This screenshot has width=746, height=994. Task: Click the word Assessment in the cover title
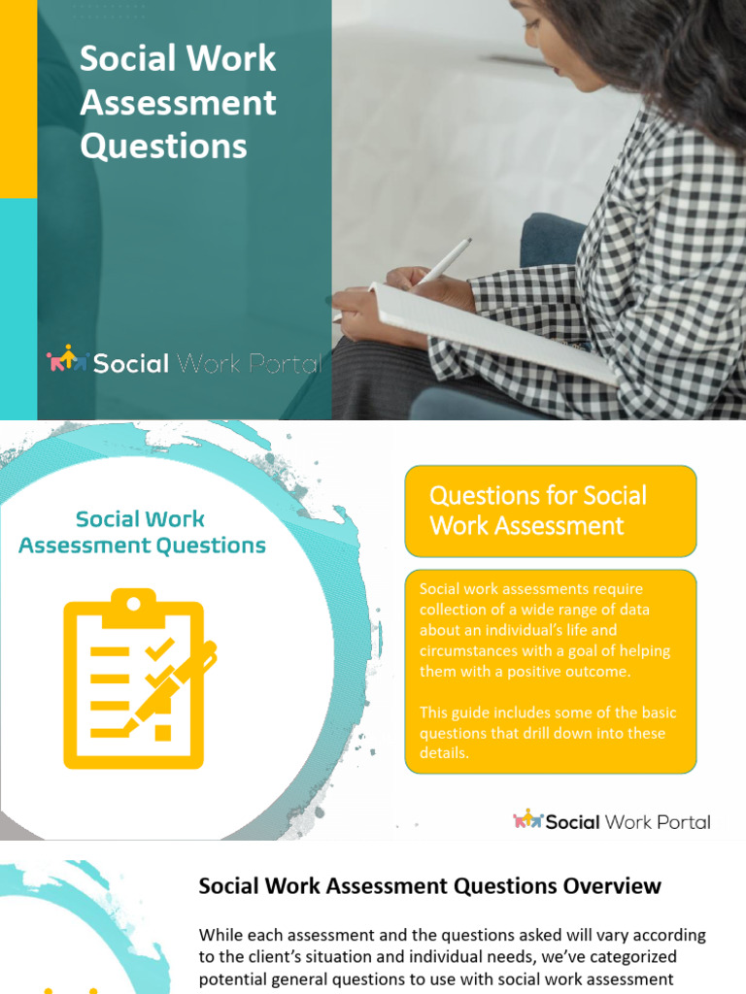(179, 103)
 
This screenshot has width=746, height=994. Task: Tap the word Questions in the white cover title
(163, 147)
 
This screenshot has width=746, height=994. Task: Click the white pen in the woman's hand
(444, 259)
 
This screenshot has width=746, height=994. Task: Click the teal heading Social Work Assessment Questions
(142, 532)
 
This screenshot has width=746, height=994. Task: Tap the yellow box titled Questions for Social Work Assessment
(550, 511)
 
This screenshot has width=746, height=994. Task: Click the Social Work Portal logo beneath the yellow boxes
(612, 821)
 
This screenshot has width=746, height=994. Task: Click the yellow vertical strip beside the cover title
(17, 97)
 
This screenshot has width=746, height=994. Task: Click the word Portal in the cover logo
(286, 364)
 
